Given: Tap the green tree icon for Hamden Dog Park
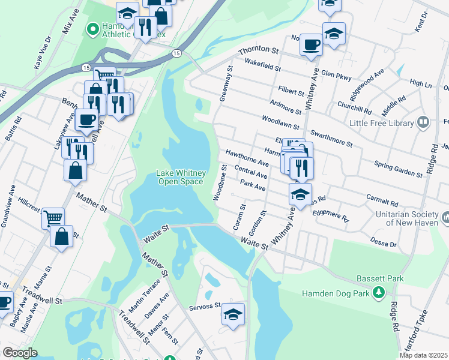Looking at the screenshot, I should [378, 292].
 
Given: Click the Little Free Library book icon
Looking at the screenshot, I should [424, 123].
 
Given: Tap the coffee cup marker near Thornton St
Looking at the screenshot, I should [311, 44].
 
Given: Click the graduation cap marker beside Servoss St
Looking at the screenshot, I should [233, 314].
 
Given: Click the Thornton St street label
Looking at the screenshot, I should [259, 52].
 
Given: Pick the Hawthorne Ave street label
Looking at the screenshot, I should [247, 158].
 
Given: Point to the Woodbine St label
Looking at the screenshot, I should [218, 184].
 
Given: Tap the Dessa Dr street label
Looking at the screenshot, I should [385, 242].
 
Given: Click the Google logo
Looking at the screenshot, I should [20, 353].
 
